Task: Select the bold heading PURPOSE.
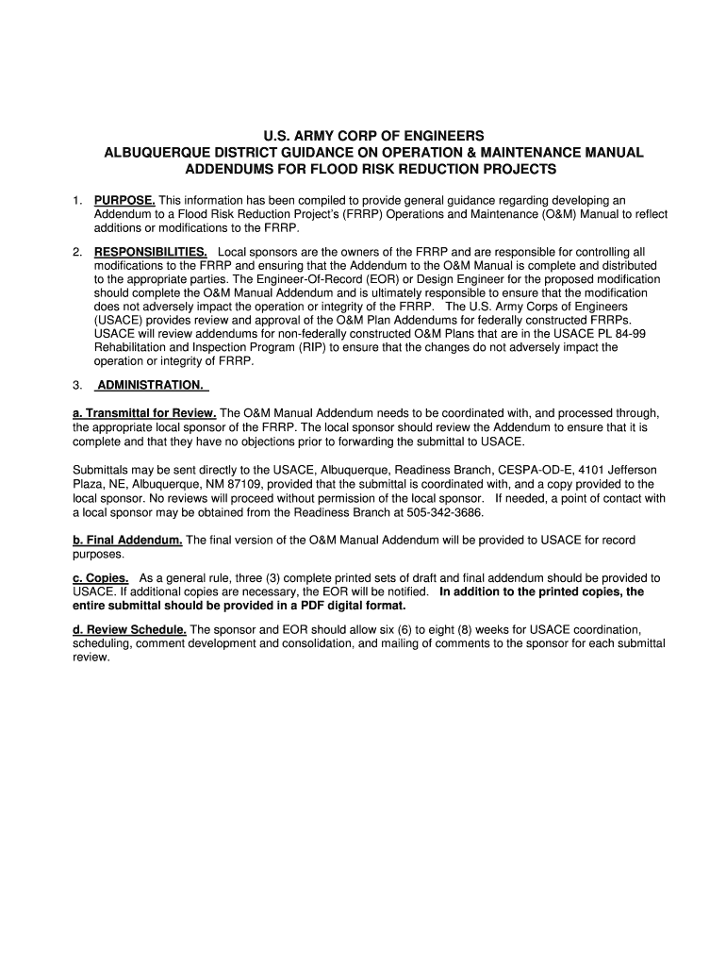click(x=124, y=201)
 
